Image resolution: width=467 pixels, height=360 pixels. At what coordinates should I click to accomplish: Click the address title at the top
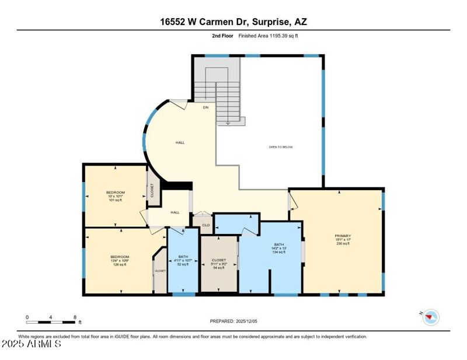[233, 22]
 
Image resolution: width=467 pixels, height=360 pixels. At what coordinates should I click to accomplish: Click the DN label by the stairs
[205, 108]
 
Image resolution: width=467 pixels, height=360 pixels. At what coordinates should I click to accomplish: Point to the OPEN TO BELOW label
[281, 147]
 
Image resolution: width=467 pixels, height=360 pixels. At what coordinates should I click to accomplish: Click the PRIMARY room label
[343, 236]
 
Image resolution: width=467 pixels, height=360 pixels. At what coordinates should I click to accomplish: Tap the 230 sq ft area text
[343, 244]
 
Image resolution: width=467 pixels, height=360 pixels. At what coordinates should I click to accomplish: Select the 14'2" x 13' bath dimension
[278, 248]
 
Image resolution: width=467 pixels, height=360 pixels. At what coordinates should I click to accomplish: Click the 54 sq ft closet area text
[218, 268]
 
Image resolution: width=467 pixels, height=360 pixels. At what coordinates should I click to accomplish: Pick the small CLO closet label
[205, 225]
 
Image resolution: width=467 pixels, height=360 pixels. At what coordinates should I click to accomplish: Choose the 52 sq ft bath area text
[183, 264]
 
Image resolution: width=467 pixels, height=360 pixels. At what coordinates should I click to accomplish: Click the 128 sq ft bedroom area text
[120, 265]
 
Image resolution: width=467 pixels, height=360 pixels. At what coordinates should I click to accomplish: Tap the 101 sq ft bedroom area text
[115, 200]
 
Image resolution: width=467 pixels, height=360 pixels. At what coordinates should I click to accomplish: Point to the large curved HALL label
[180, 142]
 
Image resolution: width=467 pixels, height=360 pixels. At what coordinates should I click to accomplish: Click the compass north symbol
[431, 317]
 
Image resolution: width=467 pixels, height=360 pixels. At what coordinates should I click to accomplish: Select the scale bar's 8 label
[75, 317]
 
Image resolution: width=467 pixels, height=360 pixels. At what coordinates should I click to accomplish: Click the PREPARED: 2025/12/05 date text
[233, 321]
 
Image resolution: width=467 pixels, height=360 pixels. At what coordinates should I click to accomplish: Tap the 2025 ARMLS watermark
[32, 344]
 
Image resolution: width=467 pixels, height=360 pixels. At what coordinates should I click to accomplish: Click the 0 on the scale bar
[27, 317]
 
